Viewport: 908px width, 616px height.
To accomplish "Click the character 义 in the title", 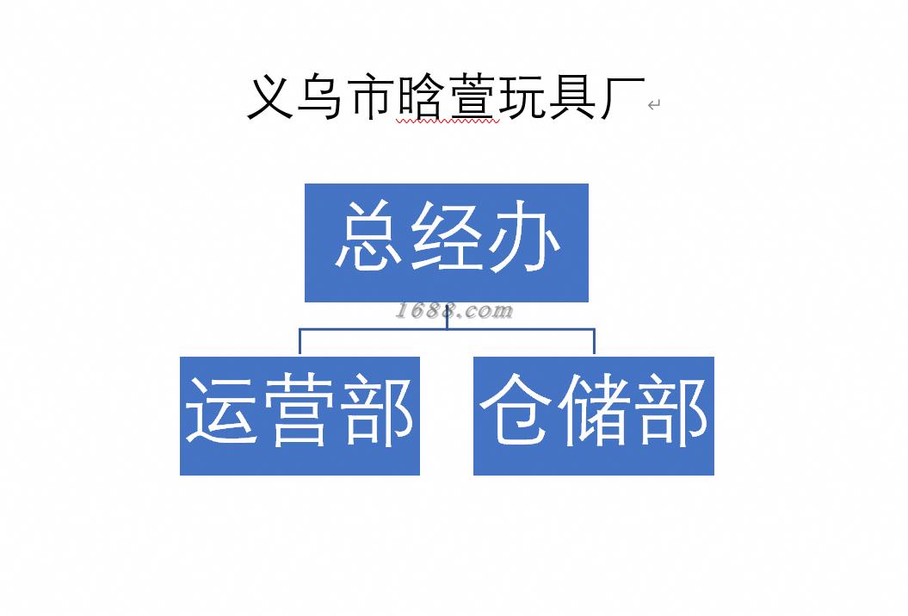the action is [x=271, y=97].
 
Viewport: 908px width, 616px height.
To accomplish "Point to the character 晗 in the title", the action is [x=421, y=97].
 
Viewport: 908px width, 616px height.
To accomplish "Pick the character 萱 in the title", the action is [x=472, y=97].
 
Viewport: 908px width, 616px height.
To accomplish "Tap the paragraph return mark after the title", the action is [x=654, y=105].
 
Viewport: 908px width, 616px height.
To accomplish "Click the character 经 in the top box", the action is [x=447, y=239].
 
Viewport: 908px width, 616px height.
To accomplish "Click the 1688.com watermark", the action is [x=454, y=311].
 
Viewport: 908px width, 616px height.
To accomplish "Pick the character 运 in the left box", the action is [x=223, y=411].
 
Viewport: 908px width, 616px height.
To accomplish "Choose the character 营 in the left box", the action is [x=300, y=411].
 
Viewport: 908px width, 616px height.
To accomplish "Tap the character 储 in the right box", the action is [x=594, y=411].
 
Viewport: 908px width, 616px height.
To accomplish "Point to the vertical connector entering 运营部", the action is [x=300, y=342].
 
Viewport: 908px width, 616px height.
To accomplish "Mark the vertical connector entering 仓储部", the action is [x=594, y=342].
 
